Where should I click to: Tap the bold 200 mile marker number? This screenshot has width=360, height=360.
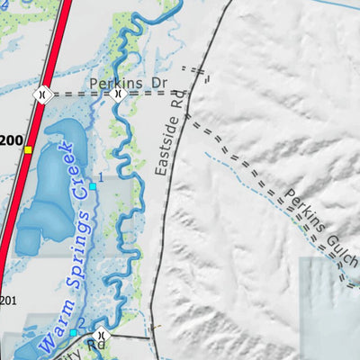11,140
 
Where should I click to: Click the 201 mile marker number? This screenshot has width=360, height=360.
8,301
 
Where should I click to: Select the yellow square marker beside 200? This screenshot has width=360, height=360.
29,149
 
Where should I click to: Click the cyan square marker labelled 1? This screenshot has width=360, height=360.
92,186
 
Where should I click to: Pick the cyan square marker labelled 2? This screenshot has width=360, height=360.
74,332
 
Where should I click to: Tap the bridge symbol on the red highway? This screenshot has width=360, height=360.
41,93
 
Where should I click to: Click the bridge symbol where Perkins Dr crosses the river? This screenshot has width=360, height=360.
118,93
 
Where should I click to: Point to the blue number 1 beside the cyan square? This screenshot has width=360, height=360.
101,178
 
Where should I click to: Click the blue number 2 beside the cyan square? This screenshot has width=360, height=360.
81,323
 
